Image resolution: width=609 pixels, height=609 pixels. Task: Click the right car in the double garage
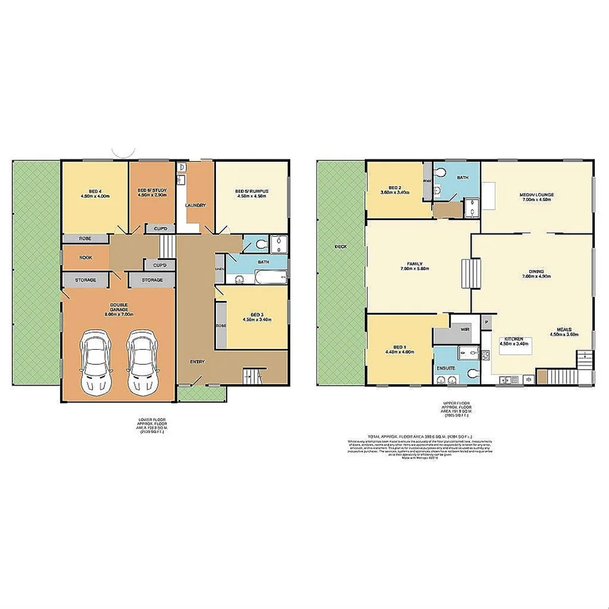(140, 361)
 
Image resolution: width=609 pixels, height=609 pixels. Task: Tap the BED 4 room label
(94, 191)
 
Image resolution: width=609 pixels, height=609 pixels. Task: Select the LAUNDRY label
(196, 205)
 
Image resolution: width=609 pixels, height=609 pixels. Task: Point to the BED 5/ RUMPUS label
(252, 191)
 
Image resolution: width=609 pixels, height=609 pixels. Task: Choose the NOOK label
(85, 257)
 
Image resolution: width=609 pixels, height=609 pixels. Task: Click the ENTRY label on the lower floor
(197, 361)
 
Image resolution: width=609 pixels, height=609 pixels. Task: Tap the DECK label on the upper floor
(340, 246)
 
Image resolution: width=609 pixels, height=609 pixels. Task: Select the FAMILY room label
(415, 265)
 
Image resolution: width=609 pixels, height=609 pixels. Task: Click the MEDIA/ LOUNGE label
(537, 195)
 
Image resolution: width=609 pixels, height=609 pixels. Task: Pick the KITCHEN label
(514, 340)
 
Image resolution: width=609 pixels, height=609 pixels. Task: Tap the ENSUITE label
(447, 369)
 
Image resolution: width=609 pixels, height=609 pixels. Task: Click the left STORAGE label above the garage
(85, 280)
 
